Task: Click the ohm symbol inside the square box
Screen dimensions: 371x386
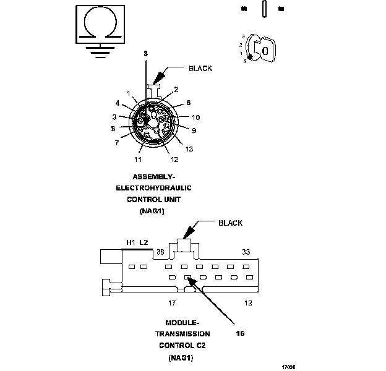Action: point(98,23)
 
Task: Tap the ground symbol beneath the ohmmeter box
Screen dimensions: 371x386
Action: point(98,50)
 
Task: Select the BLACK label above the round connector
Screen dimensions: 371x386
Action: point(200,69)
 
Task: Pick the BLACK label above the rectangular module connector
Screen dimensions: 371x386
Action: point(230,223)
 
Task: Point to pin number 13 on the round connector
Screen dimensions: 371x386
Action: point(188,148)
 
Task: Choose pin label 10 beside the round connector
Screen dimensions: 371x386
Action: point(196,117)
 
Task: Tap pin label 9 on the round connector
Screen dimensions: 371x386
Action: point(194,130)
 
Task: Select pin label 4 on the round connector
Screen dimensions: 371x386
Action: point(117,103)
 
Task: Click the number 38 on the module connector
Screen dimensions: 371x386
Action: point(160,252)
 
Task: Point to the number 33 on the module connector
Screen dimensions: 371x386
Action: point(246,252)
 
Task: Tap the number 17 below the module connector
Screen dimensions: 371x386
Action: point(173,303)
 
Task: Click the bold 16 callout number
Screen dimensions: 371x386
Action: point(241,333)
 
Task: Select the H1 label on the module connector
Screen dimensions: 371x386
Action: point(131,242)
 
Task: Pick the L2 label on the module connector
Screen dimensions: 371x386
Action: point(144,242)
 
